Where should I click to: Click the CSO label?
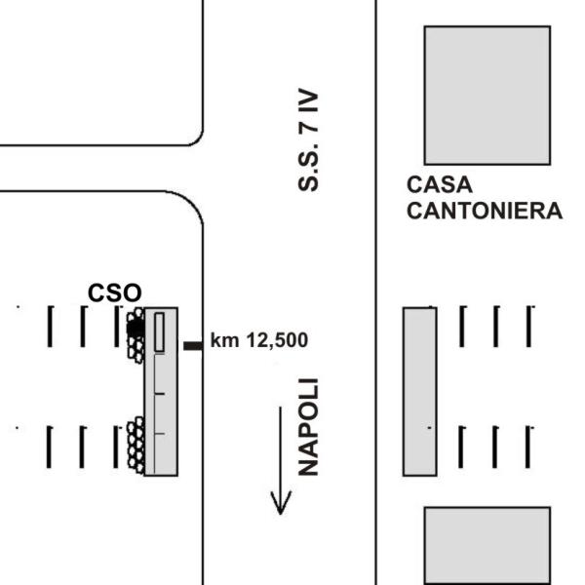click(x=114, y=292)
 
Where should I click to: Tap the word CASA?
click(x=440, y=184)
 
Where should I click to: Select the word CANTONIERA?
click(x=485, y=211)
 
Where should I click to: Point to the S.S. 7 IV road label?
click(x=308, y=139)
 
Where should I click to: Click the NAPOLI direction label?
click(x=308, y=427)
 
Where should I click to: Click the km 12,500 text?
click(x=259, y=340)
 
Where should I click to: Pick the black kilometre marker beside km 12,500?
click(x=193, y=346)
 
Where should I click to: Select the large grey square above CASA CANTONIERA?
click(x=487, y=96)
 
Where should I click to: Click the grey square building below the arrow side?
click(x=487, y=545)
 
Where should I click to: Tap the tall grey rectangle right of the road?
click(x=419, y=392)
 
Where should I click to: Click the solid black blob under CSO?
click(x=136, y=328)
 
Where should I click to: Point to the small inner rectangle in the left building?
click(x=159, y=332)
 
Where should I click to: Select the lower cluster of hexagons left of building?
click(x=136, y=446)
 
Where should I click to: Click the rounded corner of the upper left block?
click(x=196, y=138)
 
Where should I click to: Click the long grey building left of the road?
click(x=161, y=392)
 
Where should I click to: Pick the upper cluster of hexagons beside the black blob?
click(x=136, y=335)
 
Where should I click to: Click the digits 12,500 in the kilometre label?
click(x=277, y=340)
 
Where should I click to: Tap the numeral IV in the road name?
click(x=308, y=101)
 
